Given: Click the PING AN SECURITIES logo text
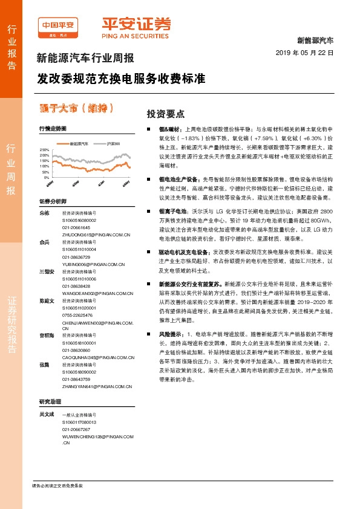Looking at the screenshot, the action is [136, 35].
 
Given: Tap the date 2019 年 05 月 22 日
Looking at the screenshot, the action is [309, 53].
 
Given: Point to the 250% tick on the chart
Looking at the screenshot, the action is [44, 149].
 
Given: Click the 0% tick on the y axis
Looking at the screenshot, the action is [46, 178].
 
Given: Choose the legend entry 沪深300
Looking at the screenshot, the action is [113, 144].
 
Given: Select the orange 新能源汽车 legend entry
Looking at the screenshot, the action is [79, 144].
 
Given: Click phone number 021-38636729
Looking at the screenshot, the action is [75, 256].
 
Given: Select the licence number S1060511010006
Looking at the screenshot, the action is [79, 280].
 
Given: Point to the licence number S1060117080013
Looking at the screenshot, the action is [79, 423].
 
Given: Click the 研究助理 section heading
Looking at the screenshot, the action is [50, 401].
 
